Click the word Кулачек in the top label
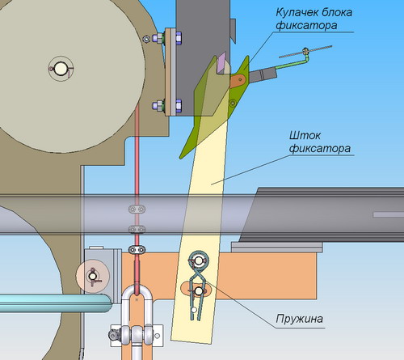(x=297, y=12)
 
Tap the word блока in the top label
(x=337, y=12)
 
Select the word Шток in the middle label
(x=305, y=135)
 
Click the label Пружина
(x=299, y=319)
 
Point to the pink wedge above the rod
(x=223, y=62)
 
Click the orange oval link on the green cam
(x=238, y=80)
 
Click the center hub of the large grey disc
(x=61, y=68)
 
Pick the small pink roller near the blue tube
(x=93, y=277)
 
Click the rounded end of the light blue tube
(x=107, y=303)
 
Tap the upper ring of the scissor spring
(x=199, y=260)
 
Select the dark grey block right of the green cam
(x=263, y=75)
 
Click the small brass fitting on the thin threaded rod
(x=305, y=51)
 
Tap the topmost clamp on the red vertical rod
(x=137, y=209)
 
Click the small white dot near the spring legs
(x=194, y=310)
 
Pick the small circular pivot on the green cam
(x=234, y=103)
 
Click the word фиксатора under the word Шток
(x=320, y=149)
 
